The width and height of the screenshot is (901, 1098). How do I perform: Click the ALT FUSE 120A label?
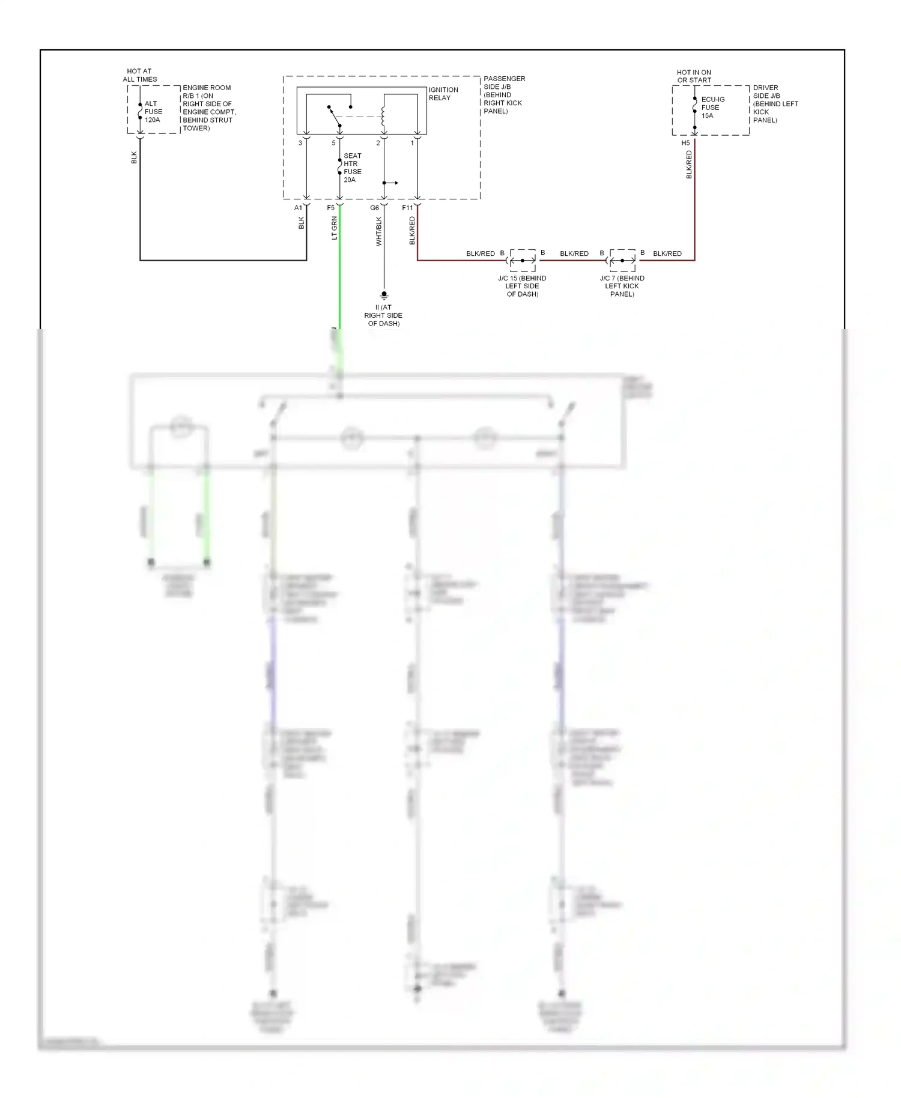click(x=153, y=112)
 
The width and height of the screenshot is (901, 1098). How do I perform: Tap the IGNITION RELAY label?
click(x=443, y=94)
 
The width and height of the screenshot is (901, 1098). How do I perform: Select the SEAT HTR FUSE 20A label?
click(x=352, y=168)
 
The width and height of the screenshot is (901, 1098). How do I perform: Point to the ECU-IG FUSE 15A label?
click(x=712, y=108)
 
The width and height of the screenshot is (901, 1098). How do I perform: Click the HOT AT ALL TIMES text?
click(x=140, y=75)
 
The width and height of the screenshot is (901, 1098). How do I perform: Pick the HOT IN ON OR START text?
click(x=694, y=76)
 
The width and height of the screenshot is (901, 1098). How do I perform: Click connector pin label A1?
click(x=299, y=208)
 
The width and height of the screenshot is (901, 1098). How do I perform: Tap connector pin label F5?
click(x=331, y=208)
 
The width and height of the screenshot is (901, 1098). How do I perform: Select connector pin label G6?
click(x=375, y=208)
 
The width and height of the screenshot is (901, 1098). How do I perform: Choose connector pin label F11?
click(x=408, y=208)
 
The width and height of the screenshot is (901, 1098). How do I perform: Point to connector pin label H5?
click(x=685, y=143)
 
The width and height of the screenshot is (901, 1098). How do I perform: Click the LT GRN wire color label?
click(x=335, y=228)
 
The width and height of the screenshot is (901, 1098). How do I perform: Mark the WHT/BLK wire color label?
click(x=378, y=231)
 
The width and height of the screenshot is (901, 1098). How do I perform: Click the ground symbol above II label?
click(x=384, y=295)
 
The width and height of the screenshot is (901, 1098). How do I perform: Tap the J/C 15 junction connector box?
click(x=523, y=260)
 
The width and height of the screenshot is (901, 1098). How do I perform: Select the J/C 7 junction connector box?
click(x=622, y=260)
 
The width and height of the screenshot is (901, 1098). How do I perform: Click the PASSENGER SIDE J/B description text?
click(x=503, y=95)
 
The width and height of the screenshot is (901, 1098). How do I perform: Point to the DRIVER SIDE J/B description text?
click(x=775, y=104)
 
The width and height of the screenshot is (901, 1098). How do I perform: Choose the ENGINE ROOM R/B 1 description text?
click(x=208, y=108)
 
